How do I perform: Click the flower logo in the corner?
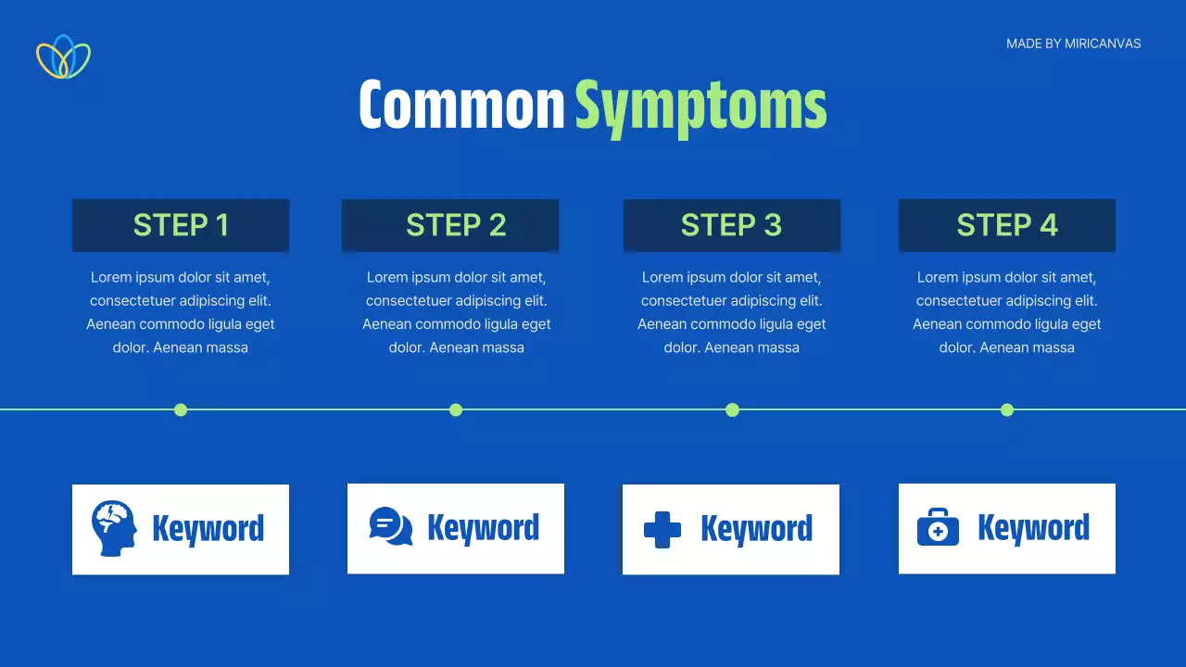pyautogui.click(x=64, y=57)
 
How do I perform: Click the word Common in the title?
pyautogui.click(x=461, y=105)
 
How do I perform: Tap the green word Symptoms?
pyautogui.click(x=700, y=108)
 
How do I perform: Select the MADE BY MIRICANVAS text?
pyautogui.click(x=1073, y=44)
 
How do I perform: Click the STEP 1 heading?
pyautogui.click(x=181, y=225)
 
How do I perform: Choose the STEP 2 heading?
pyautogui.click(x=456, y=225)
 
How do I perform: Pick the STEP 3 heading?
pyautogui.click(x=731, y=225)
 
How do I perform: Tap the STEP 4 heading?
pyautogui.click(x=1007, y=225)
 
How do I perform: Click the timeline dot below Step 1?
pyautogui.click(x=181, y=409)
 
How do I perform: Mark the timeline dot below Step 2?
pyautogui.click(x=456, y=409)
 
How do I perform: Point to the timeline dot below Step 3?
pyautogui.click(x=732, y=409)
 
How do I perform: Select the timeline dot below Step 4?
pyautogui.click(x=1007, y=409)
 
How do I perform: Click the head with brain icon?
pyautogui.click(x=114, y=528)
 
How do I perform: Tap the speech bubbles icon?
pyautogui.click(x=391, y=526)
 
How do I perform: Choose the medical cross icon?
pyautogui.click(x=662, y=529)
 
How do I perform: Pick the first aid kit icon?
pyautogui.click(x=938, y=527)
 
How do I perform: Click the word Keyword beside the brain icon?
pyautogui.click(x=208, y=529)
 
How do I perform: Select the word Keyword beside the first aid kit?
pyautogui.click(x=1033, y=528)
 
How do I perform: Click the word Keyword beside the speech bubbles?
pyautogui.click(x=484, y=528)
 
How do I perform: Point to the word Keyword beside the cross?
pyautogui.click(x=757, y=528)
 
